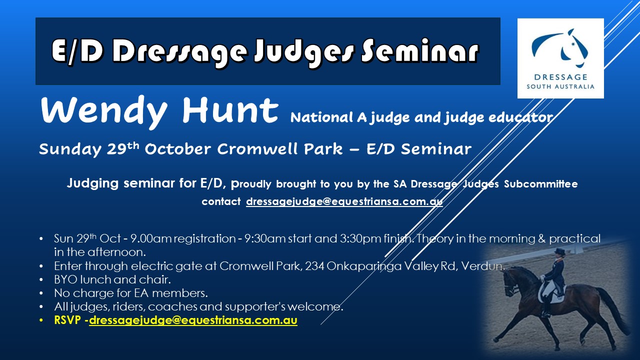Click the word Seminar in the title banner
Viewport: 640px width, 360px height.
pos(419,51)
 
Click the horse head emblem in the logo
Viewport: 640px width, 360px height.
pos(560,47)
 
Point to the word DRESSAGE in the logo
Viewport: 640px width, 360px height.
pos(560,77)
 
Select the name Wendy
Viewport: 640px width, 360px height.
pos(103,111)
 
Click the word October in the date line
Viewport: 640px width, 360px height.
pos(177,149)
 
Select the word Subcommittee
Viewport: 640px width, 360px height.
pos(540,183)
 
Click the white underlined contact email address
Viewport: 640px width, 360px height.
pos(344,201)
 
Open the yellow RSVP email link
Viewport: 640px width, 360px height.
pos(193,320)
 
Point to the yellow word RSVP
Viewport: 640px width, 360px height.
pos(67,320)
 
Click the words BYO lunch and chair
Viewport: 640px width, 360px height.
pos(112,279)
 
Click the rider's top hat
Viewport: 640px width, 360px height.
pos(559,251)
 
